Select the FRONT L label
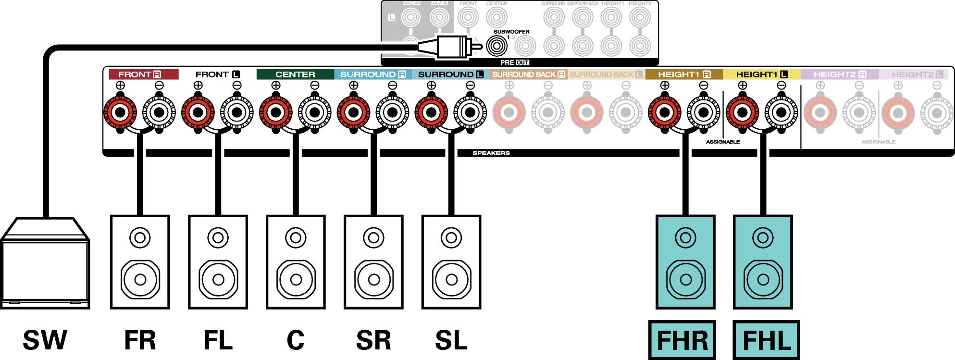click(x=217, y=74)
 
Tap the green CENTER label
click(x=295, y=74)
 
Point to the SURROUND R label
click(x=373, y=74)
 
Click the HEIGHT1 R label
click(x=684, y=74)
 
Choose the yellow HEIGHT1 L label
click(x=762, y=74)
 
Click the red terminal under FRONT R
click(x=120, y=112)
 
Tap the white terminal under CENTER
click(x=315, y=112)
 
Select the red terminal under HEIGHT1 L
click(x=742, y=112)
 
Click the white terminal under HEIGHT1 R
click(x=704, y=112)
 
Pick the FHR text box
click(x=682, y=340)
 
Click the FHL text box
click(x=766, y=340)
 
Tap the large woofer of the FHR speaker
click(x=686, y=279)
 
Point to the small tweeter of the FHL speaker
click(x=763, y=237)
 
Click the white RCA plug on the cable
click(x=452, y=47)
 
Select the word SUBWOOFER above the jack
click(x=511, y=32)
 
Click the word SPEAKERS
click(x=491, y=153)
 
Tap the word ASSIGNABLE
click(x=878, y=142)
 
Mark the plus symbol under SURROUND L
click(x=431, y=86)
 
